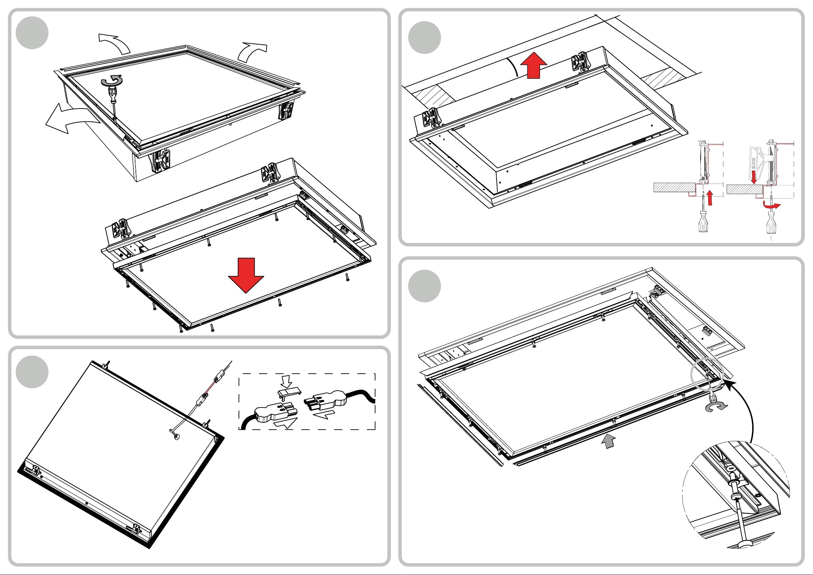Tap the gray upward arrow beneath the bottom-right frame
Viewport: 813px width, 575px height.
coord(609,442)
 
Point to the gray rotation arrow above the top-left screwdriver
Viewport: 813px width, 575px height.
coord(112,81)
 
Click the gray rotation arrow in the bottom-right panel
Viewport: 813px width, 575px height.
coord(716,407)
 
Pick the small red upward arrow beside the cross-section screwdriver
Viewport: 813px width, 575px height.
coord(710,198)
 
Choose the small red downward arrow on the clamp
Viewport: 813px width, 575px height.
coord(754,177)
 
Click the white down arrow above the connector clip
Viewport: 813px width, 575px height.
coord(286,381)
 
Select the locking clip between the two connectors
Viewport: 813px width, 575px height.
coord(289,392)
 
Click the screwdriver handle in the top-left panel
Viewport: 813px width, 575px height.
coord(113,94)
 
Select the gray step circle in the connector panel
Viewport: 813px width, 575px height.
coord(32,372)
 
